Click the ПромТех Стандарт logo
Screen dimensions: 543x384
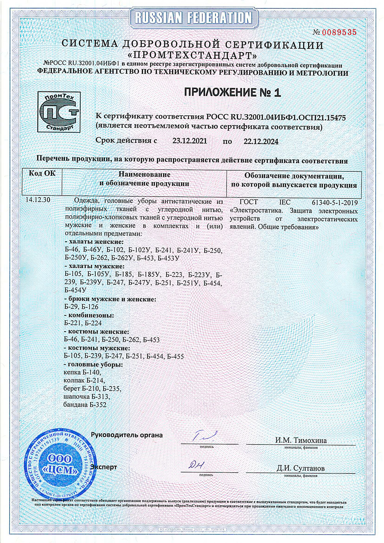tap(59, 112)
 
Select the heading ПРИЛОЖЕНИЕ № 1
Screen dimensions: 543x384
tap(232, 92)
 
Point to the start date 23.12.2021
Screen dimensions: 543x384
tap(190, 141)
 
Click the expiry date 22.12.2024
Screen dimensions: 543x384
tap(261, 141)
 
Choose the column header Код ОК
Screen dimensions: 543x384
tap(42, 174)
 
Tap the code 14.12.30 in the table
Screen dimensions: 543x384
tap(38, 200)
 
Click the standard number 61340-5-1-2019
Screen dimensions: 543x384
tap(335, 203)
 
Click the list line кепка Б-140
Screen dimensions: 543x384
tap(82, 372)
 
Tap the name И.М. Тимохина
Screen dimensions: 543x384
tap(301, 440)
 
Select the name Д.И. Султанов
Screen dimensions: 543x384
tap(300, 468)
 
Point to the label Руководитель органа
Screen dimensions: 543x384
tap(127, 435)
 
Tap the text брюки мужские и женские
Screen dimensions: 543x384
tap(110, 299)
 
